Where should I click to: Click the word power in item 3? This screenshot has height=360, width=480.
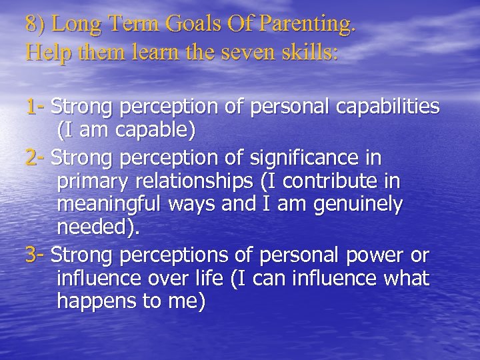[370, 255]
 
